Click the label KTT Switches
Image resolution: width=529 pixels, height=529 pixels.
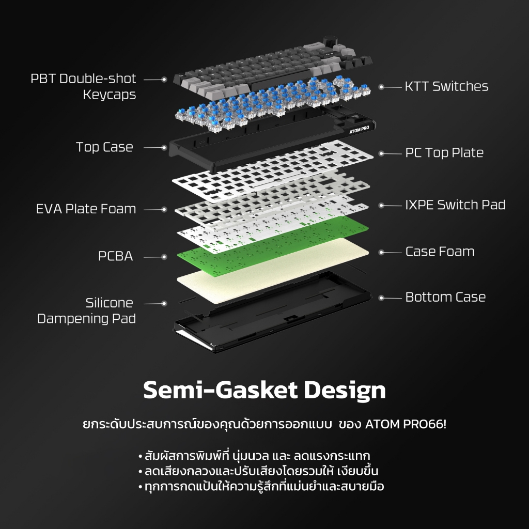point(446,86)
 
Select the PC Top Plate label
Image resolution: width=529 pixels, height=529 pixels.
point(444,153)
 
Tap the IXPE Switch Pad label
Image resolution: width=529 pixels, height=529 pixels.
point(455,205)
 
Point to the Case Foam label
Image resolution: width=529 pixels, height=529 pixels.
point(440,252)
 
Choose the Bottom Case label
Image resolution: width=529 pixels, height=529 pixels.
point(445,297)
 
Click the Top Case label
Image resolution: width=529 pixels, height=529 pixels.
point(104,147)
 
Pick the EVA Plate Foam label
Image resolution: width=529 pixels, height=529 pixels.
point(86,209)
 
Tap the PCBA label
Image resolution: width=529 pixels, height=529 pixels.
point(115,256)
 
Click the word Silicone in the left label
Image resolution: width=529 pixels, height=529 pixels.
point(110,303)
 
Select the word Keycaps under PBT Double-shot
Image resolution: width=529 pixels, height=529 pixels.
point(110,95)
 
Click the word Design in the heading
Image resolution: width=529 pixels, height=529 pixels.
point(345,391)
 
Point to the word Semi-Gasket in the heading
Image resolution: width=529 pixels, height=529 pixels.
point(221,390)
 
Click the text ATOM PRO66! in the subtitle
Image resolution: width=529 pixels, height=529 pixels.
point(406,424)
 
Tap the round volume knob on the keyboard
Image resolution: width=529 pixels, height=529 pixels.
point(328,41)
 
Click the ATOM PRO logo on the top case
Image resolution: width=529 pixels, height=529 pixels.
point(360,130)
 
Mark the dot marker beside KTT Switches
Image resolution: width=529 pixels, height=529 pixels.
point(381,87)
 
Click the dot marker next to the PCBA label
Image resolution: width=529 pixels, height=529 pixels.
point(164,257)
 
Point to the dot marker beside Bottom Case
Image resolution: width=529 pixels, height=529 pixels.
point(381,298)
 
